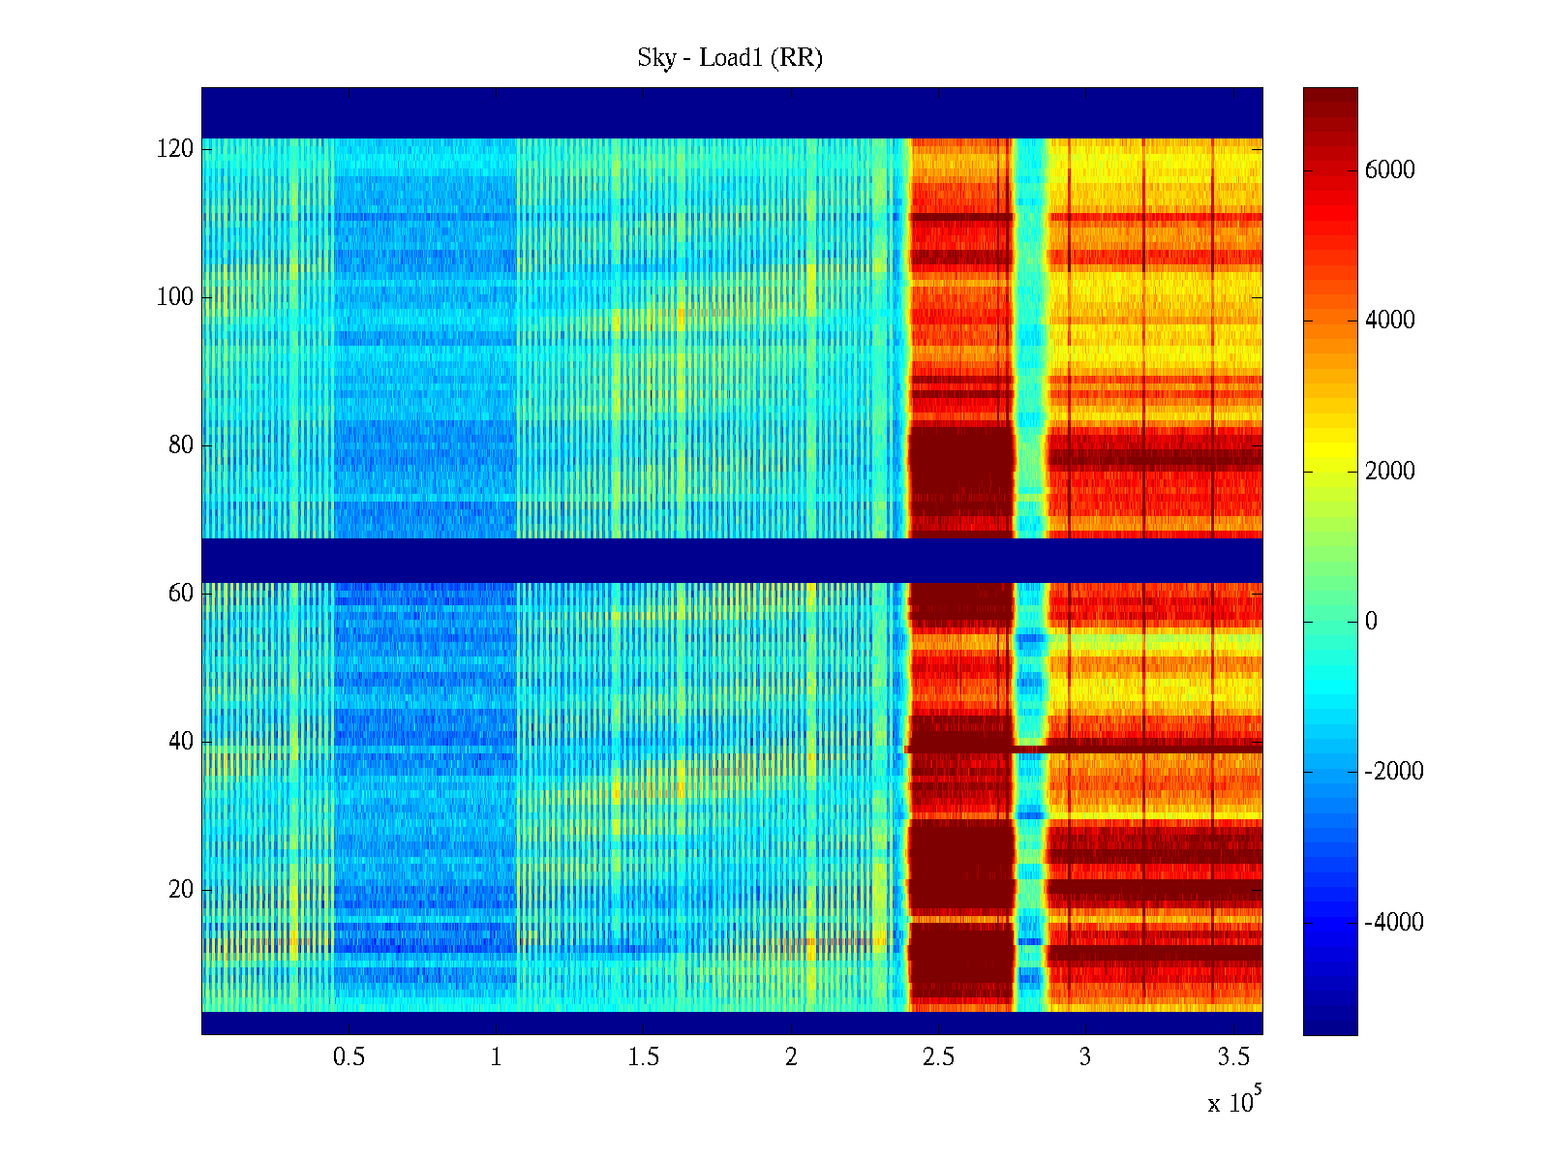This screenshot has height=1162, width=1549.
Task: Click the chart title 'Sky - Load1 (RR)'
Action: pyautogui.click(x=730, y=58)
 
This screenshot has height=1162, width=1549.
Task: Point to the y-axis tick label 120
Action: pyautogui.click(x=175, y=149)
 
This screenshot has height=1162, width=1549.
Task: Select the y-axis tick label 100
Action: pyautogui.click(x=175, y=297)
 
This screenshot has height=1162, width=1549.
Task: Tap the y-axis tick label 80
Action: pyautogui.click(x=181, y=445)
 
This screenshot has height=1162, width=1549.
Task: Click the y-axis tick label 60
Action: pyautogui.click(x=181, y=594)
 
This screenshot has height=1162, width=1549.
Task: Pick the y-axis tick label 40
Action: pyautogui.click(x=181, y=742)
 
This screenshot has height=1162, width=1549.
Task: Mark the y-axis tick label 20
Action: pyautogui.click(x=181, y=890)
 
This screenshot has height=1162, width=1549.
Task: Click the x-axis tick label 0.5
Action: pyautogui.click(x=349, y=1057)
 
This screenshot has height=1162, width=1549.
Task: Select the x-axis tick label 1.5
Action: pyautogui.click(x=644, y=1057)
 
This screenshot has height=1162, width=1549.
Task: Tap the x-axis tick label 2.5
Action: pyautogui.click(x=938, y=1057)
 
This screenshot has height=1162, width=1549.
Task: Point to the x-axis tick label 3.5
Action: pyautogui.click(x=1233, y=1057)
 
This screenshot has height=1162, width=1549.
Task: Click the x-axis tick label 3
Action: pyautogui.click(x=1085, y=1057)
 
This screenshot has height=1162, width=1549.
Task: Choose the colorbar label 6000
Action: pyautogui.click(x=1390, y=170)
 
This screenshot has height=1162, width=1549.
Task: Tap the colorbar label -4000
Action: pyautogui.click(x=1394, y=923)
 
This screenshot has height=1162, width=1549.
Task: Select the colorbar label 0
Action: pyautogui.click(x=1371, y=622)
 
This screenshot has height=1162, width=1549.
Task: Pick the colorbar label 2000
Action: pyautogui.click(x=1390, y=472)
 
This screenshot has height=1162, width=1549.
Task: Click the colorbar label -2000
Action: pyautogui.click(x=1394, y=772)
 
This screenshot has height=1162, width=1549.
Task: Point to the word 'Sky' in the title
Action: pyautogui.click(x=655, y=58)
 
